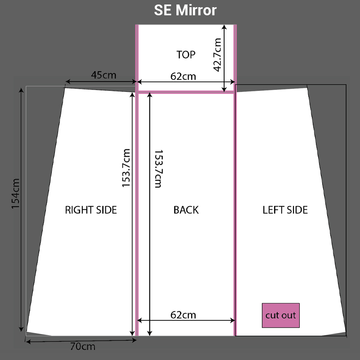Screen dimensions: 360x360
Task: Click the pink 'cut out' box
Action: pos(280,315)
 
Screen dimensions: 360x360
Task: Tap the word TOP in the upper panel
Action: pos(186,54)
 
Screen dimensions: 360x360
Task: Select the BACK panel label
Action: pos(186,210)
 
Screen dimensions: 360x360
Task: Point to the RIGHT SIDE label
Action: pos(91,210)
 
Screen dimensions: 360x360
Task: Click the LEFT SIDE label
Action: pos(285,210)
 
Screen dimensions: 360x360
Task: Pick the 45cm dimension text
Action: pos(103,75)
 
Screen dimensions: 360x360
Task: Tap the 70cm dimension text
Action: pos(83,346)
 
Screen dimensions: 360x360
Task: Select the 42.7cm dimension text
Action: pos(217,54)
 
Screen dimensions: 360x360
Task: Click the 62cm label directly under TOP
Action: pos(183,76)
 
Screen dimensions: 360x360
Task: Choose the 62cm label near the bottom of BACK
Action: pos(183,315)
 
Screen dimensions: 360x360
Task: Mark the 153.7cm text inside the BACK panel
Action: pos(157,169)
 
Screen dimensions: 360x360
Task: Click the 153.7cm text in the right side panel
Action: pos(126,168)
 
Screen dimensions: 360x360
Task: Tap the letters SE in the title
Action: pos(162,10)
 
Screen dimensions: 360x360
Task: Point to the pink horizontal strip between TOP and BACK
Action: pos(185,92)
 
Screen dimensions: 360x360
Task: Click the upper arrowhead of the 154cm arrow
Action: pos(21,90)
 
